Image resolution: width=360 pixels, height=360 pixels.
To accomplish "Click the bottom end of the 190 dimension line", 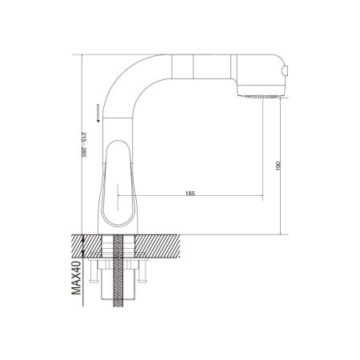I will click(264, 197).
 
